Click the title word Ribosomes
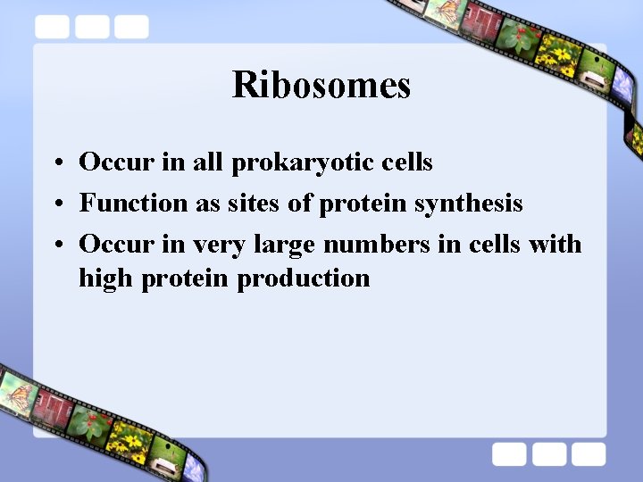pos(321,86)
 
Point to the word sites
pos(253,204)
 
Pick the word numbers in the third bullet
pos(376,244)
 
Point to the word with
pos(555,244)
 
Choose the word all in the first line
pos(207,162)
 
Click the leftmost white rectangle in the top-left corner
pos(53,28)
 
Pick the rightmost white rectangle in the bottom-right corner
pos(589,454)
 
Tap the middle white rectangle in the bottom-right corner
pos(549,454)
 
